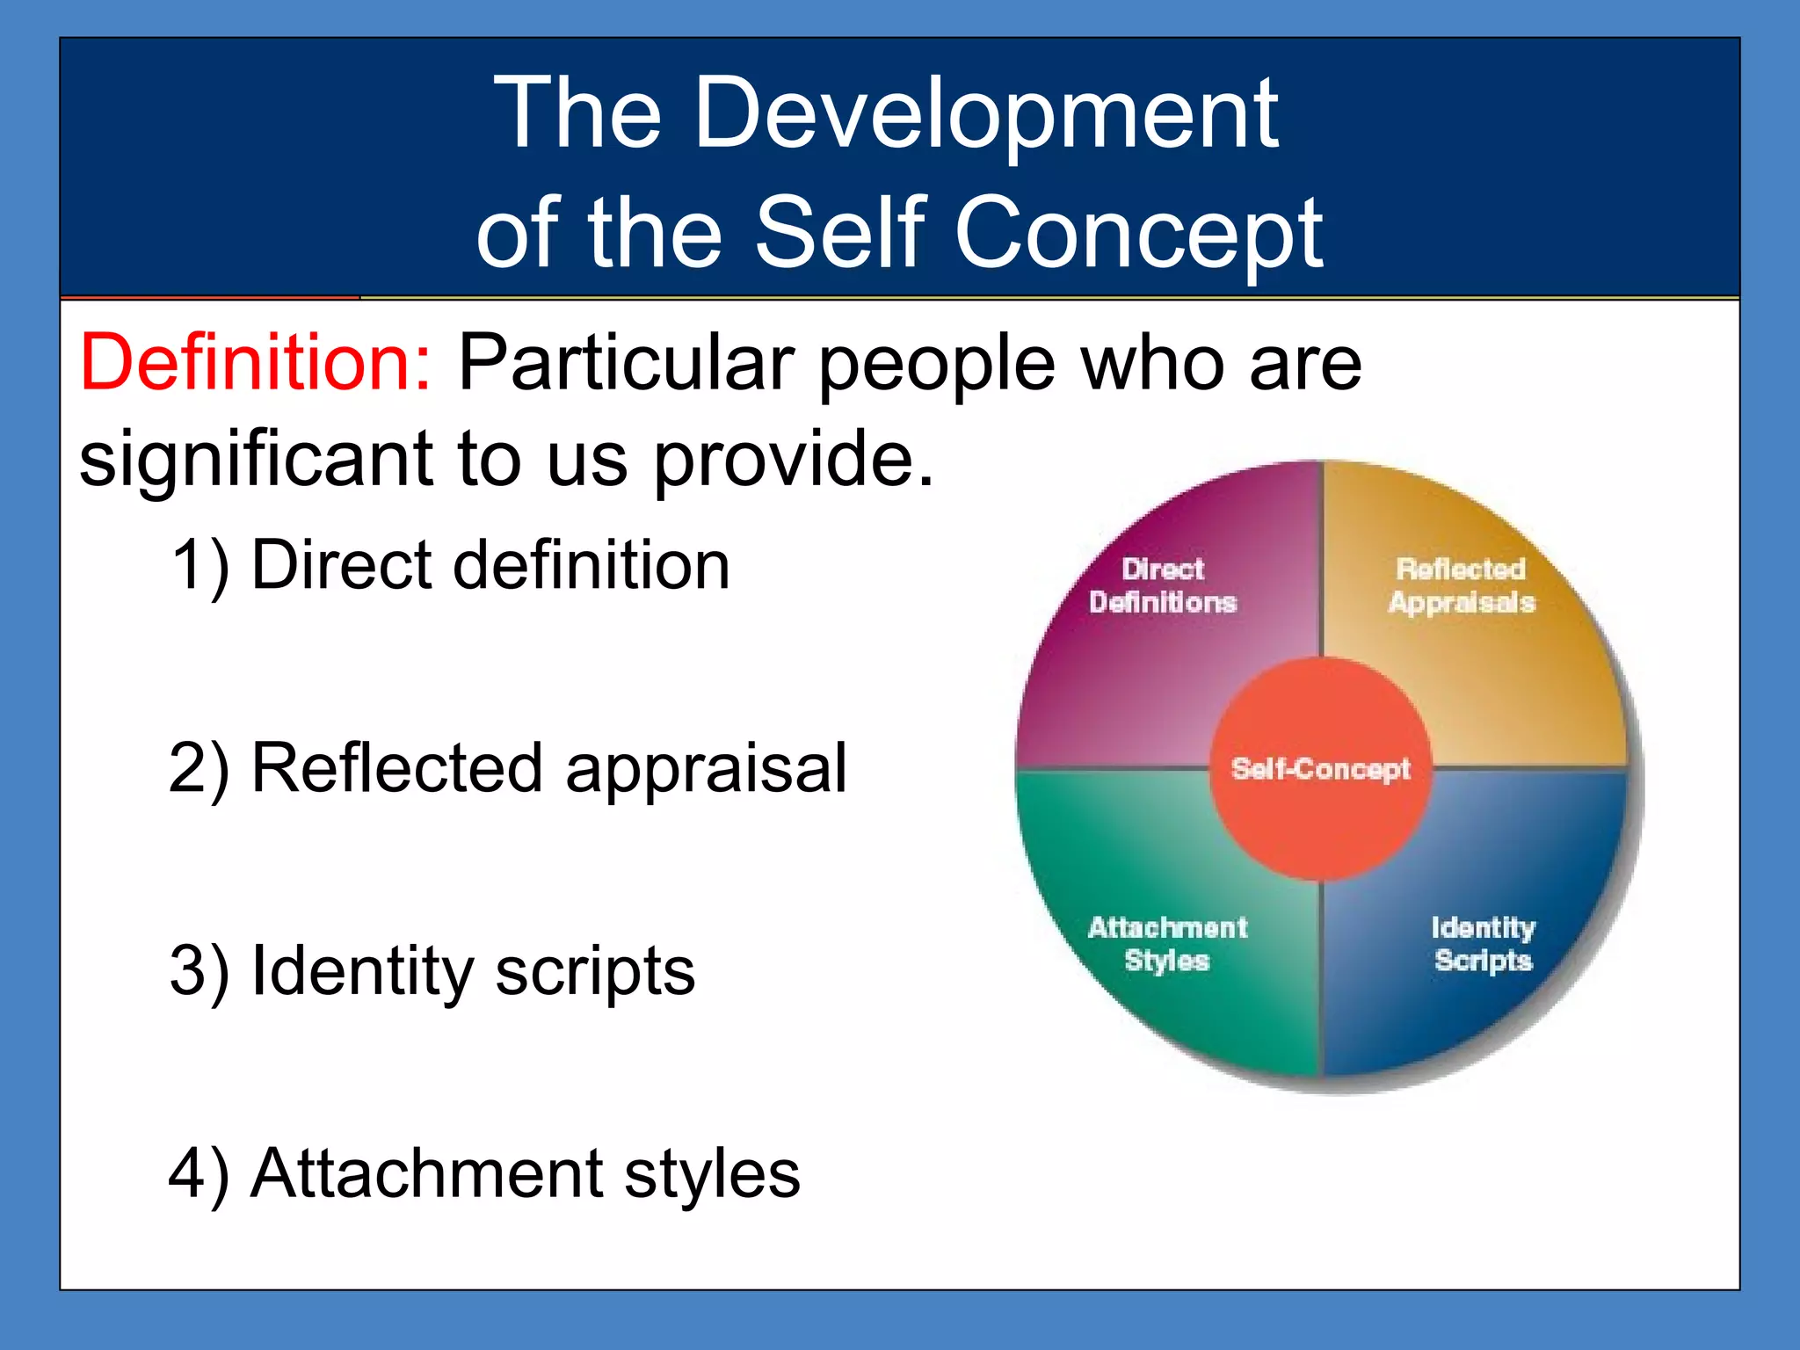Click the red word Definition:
255,363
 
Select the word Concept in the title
1138,233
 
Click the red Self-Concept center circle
1320,769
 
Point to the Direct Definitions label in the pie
1163,585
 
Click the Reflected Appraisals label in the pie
1462,585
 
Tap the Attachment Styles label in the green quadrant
1167,943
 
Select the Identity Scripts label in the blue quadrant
1483,943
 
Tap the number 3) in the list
200,971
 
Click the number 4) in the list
200,1174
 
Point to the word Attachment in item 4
427,1173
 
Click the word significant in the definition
256,461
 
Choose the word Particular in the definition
626,363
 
